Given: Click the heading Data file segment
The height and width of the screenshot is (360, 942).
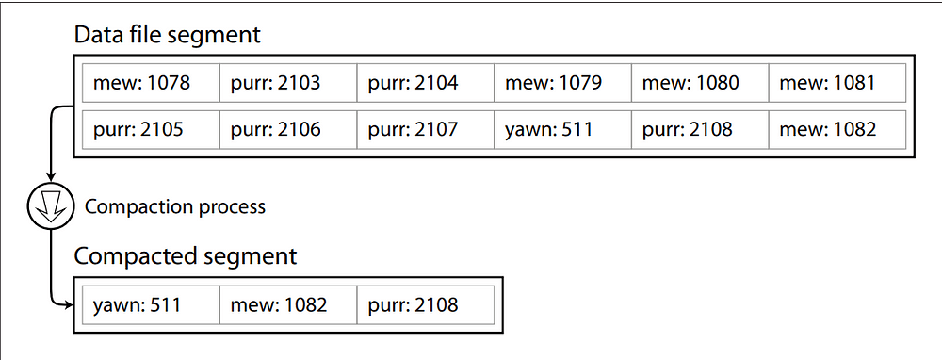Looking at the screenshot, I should [167, 37].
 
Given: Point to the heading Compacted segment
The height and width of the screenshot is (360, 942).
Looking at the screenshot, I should [185, 256].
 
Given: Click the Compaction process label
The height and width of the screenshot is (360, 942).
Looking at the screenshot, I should [175, 207].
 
